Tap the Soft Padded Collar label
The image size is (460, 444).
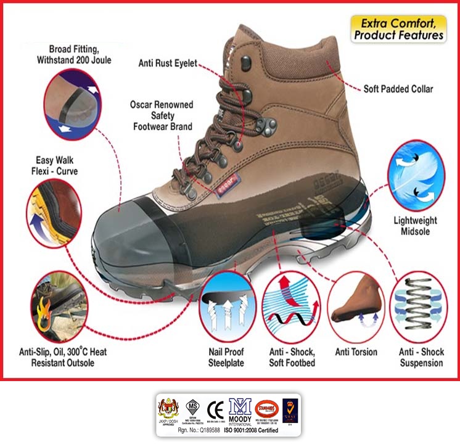(398, 89)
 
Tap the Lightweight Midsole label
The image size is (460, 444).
(415, 226)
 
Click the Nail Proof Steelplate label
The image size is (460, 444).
(226, 357)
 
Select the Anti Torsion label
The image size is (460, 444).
(356, 352)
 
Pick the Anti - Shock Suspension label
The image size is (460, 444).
(421, 357)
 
